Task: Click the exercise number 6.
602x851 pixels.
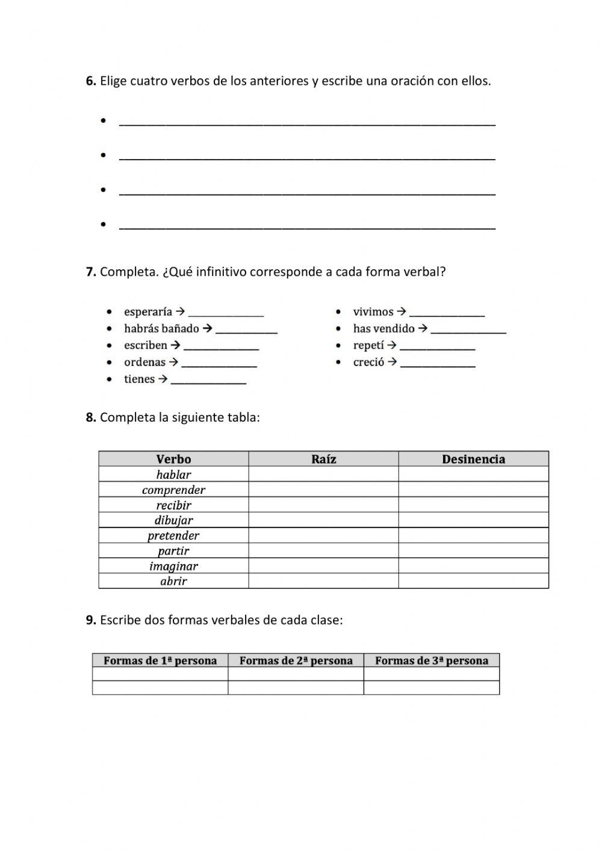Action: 91,81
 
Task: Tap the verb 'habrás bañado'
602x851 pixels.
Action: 161,329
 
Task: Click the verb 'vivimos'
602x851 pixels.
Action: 373,312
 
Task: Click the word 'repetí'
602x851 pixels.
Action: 368,346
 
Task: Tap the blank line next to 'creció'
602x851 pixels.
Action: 438,364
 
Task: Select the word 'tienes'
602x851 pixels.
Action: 139,379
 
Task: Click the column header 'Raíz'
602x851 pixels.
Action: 323,460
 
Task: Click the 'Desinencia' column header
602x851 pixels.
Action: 473,460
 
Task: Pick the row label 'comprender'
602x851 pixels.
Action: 173,490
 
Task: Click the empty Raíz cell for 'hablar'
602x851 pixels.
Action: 323,475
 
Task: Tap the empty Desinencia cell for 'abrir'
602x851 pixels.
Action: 473,581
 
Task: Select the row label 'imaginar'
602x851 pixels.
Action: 173,566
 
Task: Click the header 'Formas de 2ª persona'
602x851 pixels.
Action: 296,661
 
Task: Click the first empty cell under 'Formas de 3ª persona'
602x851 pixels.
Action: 432,674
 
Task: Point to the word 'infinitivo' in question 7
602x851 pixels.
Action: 217,272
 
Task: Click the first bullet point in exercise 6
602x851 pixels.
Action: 104,121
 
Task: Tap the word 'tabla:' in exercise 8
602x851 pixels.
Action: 243,417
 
